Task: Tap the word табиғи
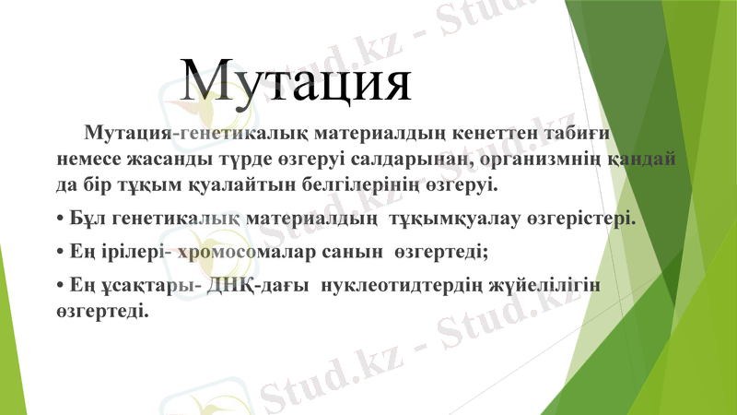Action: tap(579, 133)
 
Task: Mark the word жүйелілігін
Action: tap(550, 286)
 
